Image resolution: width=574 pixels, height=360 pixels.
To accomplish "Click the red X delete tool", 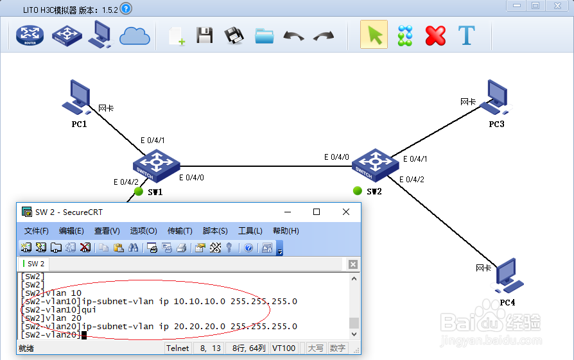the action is click(435, 35).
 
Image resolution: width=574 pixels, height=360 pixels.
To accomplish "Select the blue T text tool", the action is click(466, 35).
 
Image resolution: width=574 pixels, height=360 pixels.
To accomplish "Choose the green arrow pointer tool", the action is click(374, 35).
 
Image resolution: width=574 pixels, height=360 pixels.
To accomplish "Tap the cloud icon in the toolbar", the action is click(134, 36).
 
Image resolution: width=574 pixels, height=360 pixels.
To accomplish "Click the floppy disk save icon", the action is click(204, 35).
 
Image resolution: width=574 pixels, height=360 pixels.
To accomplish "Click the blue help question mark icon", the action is click(126, 8).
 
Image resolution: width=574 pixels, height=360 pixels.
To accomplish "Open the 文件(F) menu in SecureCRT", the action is click(37, 231).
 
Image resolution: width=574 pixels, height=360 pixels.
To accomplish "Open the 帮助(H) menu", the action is click(286, 231).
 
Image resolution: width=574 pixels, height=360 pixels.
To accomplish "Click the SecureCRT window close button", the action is click(346, 212).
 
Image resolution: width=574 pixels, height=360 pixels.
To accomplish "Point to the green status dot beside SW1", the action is click(137, 191).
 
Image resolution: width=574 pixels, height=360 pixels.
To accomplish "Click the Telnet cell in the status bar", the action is click(178, 348).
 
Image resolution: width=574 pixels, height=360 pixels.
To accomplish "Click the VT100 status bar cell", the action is click(283, 348).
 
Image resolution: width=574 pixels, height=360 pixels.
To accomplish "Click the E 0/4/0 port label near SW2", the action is click(336, 157).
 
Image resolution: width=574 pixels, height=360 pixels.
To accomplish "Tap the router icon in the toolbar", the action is click(29, 35).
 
